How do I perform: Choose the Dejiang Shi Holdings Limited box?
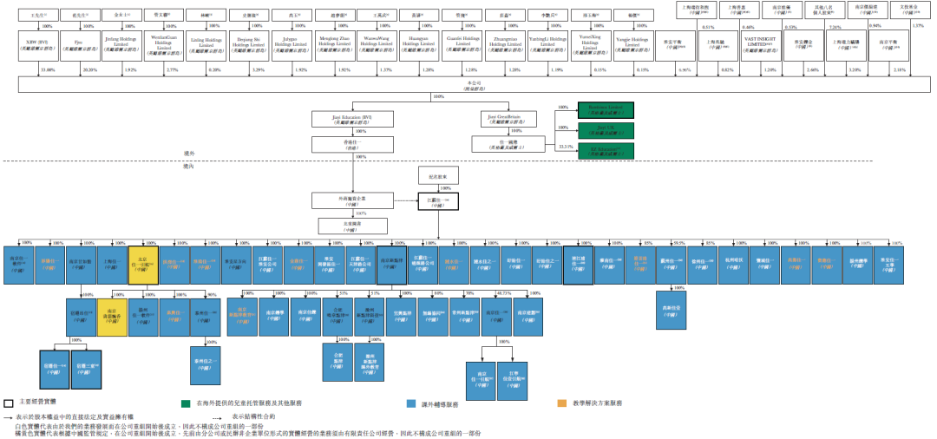(x=249, y=44)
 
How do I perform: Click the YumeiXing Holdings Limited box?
(x=589, y=44)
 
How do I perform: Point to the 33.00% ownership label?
(x=49, y=69)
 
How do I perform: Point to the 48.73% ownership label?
(x=490, y=292)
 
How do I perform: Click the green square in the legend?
(x=186, y=403)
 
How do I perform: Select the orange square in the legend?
(x=562, y=403)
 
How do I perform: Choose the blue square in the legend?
(x=412, y=403)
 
